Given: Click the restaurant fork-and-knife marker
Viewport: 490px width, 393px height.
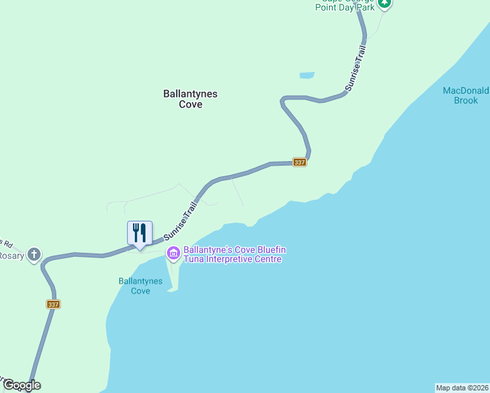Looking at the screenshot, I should (140, 233).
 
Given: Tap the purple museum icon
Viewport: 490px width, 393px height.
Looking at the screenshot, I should (174, 253).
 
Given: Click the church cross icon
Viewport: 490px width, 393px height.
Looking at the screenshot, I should (34, 255).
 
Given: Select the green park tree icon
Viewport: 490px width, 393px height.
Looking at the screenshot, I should (385, 3).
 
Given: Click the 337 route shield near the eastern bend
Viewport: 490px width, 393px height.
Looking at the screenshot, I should (299, 162).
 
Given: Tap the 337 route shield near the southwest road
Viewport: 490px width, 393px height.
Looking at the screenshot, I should (54, 304).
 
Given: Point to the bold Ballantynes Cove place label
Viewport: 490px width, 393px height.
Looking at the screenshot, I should (190, 99).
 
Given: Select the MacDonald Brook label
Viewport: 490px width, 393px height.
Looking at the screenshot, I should (466, 96).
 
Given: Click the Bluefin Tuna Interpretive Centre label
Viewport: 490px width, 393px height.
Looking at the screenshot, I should (235, 254).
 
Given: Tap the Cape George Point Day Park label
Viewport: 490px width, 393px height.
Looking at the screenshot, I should (345, 5).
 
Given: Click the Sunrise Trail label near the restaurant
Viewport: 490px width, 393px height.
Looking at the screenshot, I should (180, 222).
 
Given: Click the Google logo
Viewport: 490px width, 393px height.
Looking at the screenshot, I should (21, 385).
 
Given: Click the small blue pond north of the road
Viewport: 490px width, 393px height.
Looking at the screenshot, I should (307, 75).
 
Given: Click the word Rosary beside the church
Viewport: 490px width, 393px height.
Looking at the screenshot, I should (11, 255).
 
